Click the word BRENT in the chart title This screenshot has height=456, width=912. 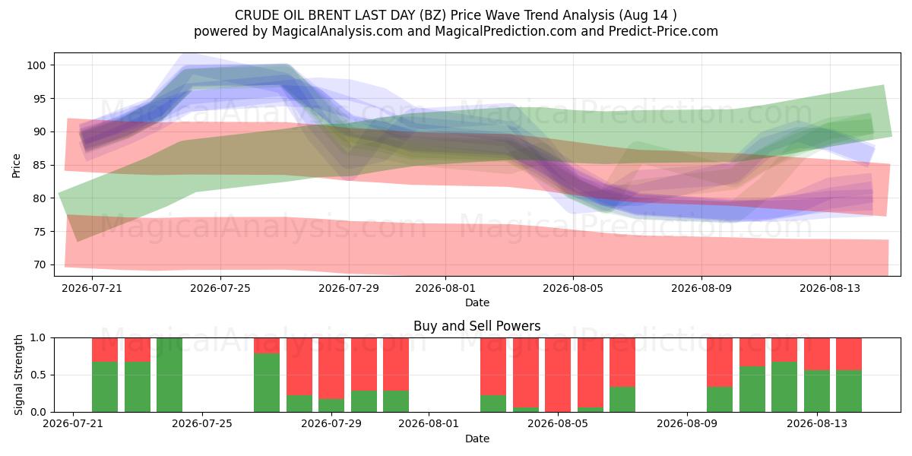point(330,15)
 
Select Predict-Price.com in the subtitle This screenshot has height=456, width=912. point(663,31)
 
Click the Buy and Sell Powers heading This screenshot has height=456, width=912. point(477,326)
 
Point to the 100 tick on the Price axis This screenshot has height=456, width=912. point(36,65)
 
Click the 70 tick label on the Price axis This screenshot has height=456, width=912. point(40,264)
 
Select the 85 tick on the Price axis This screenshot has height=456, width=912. point(40,165)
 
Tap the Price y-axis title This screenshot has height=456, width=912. point(16,166)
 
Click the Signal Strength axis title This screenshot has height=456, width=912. point(18,375)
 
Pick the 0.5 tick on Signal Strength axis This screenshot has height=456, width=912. point(38,375)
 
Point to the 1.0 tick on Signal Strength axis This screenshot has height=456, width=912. point(38,338)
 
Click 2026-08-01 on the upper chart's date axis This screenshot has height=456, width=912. point(445,288)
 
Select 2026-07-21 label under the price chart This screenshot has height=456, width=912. point(92,288)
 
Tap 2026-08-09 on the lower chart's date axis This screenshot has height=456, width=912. point(687,423)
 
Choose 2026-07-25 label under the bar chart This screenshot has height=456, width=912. point(202,423)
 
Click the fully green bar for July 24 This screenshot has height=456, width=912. point(169,375)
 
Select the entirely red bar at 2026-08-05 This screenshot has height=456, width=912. point(558,375)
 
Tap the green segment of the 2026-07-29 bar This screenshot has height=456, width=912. point(331,406)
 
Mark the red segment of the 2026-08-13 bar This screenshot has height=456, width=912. point(817,354)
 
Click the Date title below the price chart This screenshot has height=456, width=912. point(477,302)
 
